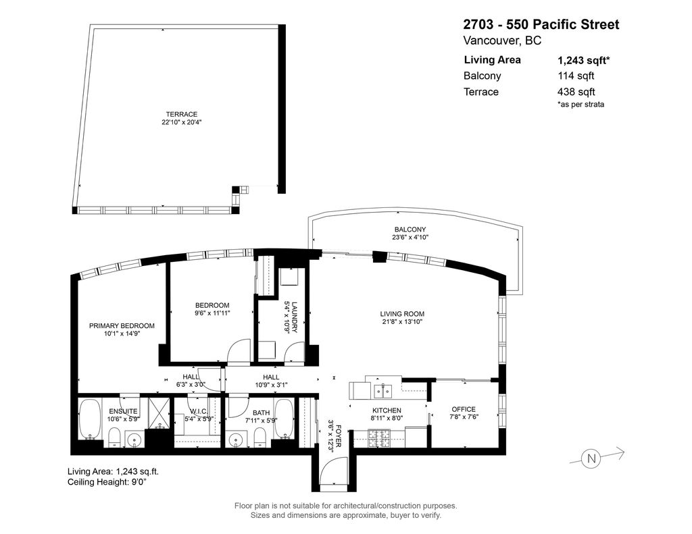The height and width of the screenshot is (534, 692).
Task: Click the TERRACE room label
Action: [181, 114]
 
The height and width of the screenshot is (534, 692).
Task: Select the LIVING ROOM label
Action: [402, 314]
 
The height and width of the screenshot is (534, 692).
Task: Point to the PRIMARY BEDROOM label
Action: [122, 326]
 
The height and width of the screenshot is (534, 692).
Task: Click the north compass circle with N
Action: [591, 458]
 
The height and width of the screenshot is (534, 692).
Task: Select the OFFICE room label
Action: [464, 409]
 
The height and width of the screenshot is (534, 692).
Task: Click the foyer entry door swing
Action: [334, 471]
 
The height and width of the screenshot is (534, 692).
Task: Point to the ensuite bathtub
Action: [90, 419]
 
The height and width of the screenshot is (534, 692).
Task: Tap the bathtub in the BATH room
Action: [284, 419]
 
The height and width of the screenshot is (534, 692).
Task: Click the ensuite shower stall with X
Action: [158, 413]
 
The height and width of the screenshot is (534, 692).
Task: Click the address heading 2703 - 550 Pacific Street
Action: [541, 25]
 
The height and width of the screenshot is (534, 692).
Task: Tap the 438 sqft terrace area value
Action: [576, 92]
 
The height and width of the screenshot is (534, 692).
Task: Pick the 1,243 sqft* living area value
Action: [583, 60]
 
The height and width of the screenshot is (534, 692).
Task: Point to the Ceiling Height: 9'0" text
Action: [107, 482]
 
